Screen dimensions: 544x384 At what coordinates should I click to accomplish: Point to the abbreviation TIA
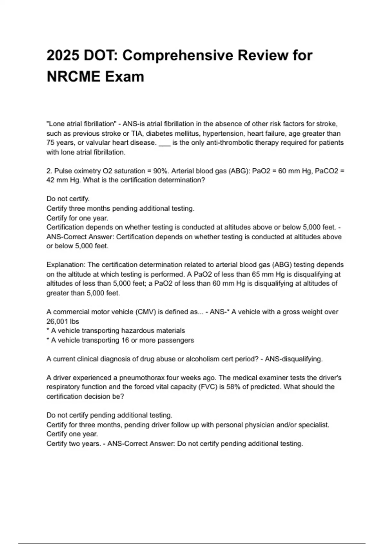[x=137, y=133]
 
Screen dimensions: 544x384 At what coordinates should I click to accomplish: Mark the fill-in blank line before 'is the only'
[x=164, y=143]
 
